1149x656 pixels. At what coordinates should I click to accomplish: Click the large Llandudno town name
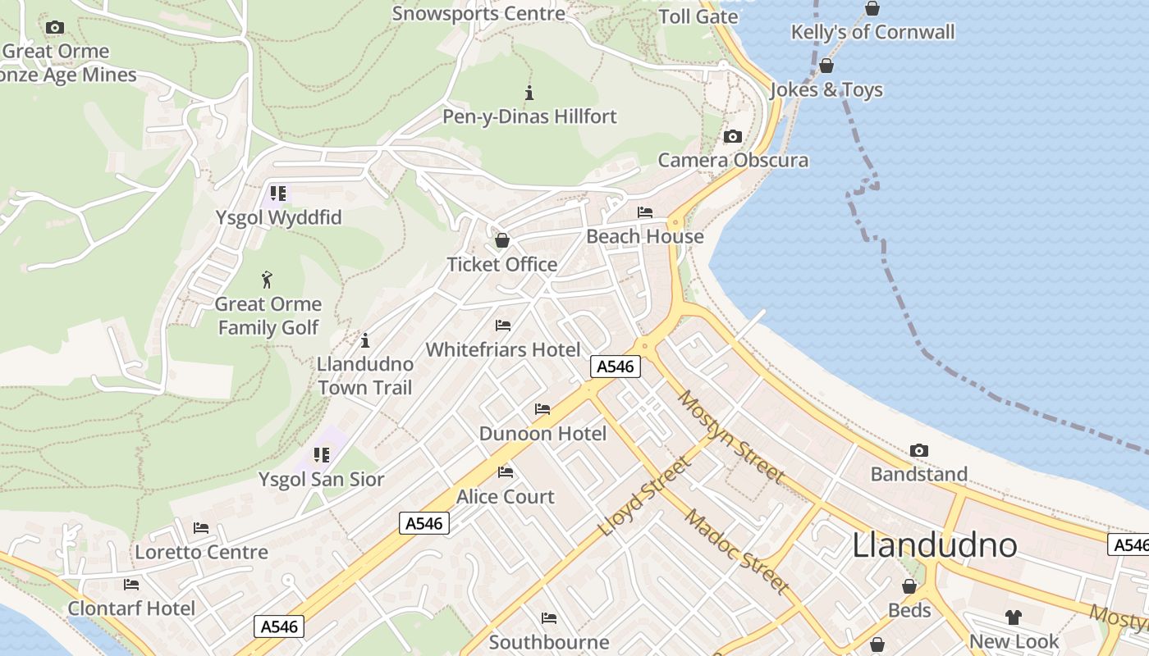pos(935,545)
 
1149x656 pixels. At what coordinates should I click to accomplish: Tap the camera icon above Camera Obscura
pos(733,137)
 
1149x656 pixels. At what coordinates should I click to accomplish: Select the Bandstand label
pos(918,474)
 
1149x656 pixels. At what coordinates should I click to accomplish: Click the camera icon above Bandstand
pos(919,451)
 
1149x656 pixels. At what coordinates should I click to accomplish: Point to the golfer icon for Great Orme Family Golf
pos(267,280)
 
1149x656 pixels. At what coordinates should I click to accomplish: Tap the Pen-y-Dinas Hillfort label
pos(529,116)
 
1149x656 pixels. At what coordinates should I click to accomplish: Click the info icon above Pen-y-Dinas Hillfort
pos(529,93)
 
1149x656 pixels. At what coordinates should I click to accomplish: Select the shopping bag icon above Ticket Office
pos(501,240)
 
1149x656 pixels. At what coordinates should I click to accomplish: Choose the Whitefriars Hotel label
pos(502,349)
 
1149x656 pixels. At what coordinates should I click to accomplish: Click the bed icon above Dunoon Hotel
pos(542,409)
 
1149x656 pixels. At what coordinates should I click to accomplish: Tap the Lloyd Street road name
pos(645,497)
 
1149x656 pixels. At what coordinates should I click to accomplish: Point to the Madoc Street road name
pos(736,552)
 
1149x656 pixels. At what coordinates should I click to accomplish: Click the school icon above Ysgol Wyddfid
pos(278,194)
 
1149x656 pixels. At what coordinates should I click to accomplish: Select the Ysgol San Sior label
pos(321,479)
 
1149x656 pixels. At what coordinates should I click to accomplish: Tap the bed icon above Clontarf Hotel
pos(131,585)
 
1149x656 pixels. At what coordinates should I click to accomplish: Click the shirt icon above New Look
pos(1014,617)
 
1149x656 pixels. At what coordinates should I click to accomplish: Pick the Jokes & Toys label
pos(826,89)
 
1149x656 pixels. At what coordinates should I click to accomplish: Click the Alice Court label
pos(505,496)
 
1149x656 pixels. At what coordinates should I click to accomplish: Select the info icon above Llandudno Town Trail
pos(365,339)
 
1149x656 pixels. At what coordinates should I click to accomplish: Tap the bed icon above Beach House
pos(645,213)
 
